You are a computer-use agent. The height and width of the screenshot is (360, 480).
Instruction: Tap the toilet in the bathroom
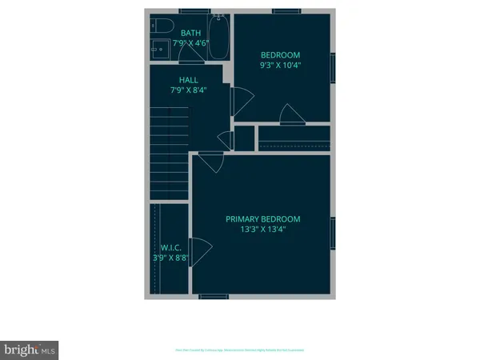click(160, 25)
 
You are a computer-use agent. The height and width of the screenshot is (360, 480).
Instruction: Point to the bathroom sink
click(160, 49)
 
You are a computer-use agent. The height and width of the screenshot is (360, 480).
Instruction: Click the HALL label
click(189, 80)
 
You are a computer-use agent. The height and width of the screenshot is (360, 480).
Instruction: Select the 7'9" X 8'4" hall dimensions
click(189, 92)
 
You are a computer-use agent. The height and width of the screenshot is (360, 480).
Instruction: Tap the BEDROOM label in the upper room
click(280, 55)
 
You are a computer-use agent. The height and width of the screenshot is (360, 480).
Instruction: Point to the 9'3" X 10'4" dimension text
click(280, 67)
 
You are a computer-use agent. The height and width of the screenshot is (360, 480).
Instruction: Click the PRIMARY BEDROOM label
click(262, 219)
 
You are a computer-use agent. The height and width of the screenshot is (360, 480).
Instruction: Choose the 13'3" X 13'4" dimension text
click(262, 230)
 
